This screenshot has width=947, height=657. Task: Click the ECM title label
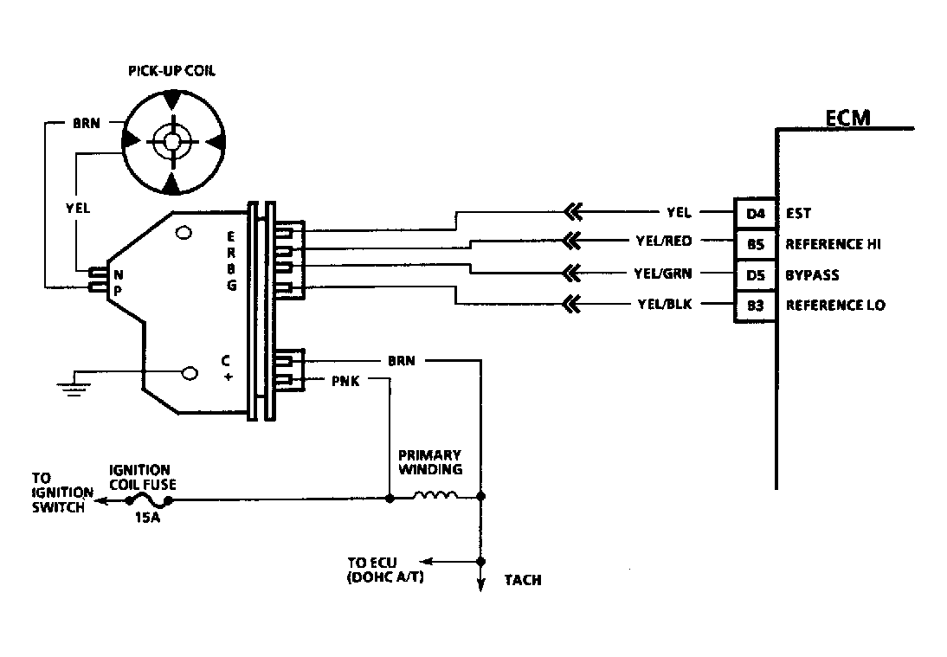tap(847, 117)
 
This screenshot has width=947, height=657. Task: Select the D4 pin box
tap(754, 211)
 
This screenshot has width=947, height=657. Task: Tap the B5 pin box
tap(754, 243)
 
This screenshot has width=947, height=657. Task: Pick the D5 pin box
tap(754, 274)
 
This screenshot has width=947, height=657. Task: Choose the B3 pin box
tap(754, 306)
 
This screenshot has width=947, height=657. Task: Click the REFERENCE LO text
tap(834, 306)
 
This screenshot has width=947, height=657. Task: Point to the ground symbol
tap(74, 384)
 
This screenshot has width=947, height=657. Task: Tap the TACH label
tap(523, 580)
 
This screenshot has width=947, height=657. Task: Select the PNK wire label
tap(346, 379)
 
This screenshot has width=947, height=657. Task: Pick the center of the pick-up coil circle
tap(171, 141)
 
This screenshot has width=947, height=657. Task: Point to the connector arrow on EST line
tap(571, 211)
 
